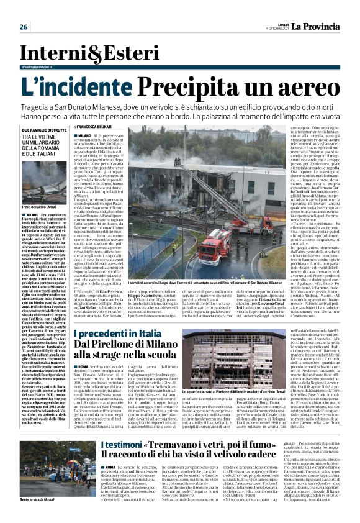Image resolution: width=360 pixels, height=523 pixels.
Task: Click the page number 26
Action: pos(24,27)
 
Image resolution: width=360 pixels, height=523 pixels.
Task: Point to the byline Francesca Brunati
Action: pos(112,127)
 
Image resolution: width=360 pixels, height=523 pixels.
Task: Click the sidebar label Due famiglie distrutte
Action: pos(41,129)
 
